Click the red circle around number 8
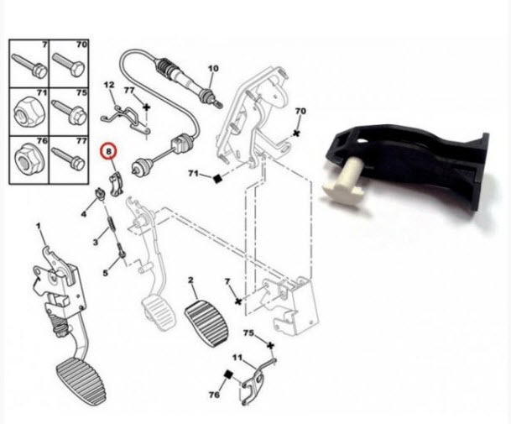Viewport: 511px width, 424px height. [x=109, y=151]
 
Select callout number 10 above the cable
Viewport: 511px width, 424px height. [x=213, y=69]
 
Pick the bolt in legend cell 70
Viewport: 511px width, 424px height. [x=69, y=65]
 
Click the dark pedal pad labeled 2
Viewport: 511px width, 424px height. [x=206, y=324]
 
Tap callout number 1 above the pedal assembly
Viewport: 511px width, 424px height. [x=39, y=226]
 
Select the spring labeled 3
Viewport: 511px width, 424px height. [x=112, y=225]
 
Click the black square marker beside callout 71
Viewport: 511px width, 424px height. [x=217, y=178]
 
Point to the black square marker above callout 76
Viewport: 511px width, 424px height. [x=228, y=374]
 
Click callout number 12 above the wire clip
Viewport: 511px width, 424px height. [x=109, y=85]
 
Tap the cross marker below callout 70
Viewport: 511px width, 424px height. [x=296, y=133]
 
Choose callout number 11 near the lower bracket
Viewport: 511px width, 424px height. [x=237, y=358]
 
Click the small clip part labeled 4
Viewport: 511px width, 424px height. [x=100, y=194]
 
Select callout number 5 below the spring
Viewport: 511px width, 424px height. [x=105, y=272]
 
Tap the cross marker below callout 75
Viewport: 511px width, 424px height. [x=270, y=345]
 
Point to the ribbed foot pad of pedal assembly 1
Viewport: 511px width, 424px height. [x=81, y=380]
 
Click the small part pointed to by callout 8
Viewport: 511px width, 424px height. [x=115, y=184]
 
